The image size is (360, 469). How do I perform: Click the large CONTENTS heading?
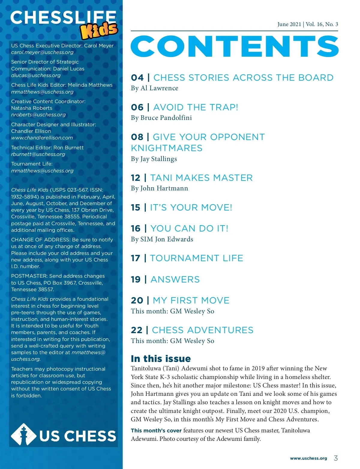235,46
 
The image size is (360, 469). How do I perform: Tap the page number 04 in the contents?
137,78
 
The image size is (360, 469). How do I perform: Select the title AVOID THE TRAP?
196,107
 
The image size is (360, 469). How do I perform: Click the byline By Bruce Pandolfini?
161,118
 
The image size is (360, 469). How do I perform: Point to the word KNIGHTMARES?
166,148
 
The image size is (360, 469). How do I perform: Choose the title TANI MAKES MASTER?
201,178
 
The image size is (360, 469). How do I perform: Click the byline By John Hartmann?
159,188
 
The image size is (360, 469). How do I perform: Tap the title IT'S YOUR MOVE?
191,208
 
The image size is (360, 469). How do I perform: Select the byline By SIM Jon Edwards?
162,239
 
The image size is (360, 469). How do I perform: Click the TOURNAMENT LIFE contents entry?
196,258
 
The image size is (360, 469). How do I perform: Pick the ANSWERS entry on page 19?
175,279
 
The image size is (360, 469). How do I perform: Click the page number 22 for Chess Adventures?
136,330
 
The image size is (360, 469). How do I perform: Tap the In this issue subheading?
161,359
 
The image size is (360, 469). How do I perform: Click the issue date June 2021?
289,24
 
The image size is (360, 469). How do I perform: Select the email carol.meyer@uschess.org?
42,52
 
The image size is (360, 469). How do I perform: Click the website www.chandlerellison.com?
42,138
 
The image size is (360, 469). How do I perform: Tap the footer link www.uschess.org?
308,458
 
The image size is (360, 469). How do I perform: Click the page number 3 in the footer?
336,458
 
